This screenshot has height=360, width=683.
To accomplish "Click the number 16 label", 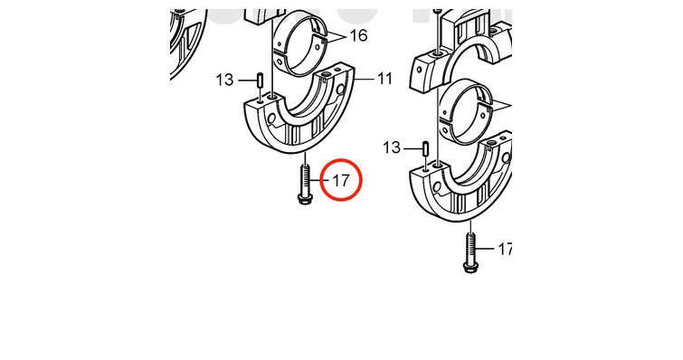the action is (x=358, y=35).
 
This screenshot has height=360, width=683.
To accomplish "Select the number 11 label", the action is (x=384, y=80).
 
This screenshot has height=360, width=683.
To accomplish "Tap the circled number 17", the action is (x=341, y=180).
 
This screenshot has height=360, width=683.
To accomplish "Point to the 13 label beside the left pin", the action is (x=224, y=81).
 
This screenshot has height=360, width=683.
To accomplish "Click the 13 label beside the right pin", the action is (x=392, y=147).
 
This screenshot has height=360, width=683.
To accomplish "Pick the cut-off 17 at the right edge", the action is (x=505, y=250).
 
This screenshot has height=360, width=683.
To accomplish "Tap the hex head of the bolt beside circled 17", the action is (x=304, y=199).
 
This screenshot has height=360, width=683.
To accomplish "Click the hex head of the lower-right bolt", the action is (x=470, y=268).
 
